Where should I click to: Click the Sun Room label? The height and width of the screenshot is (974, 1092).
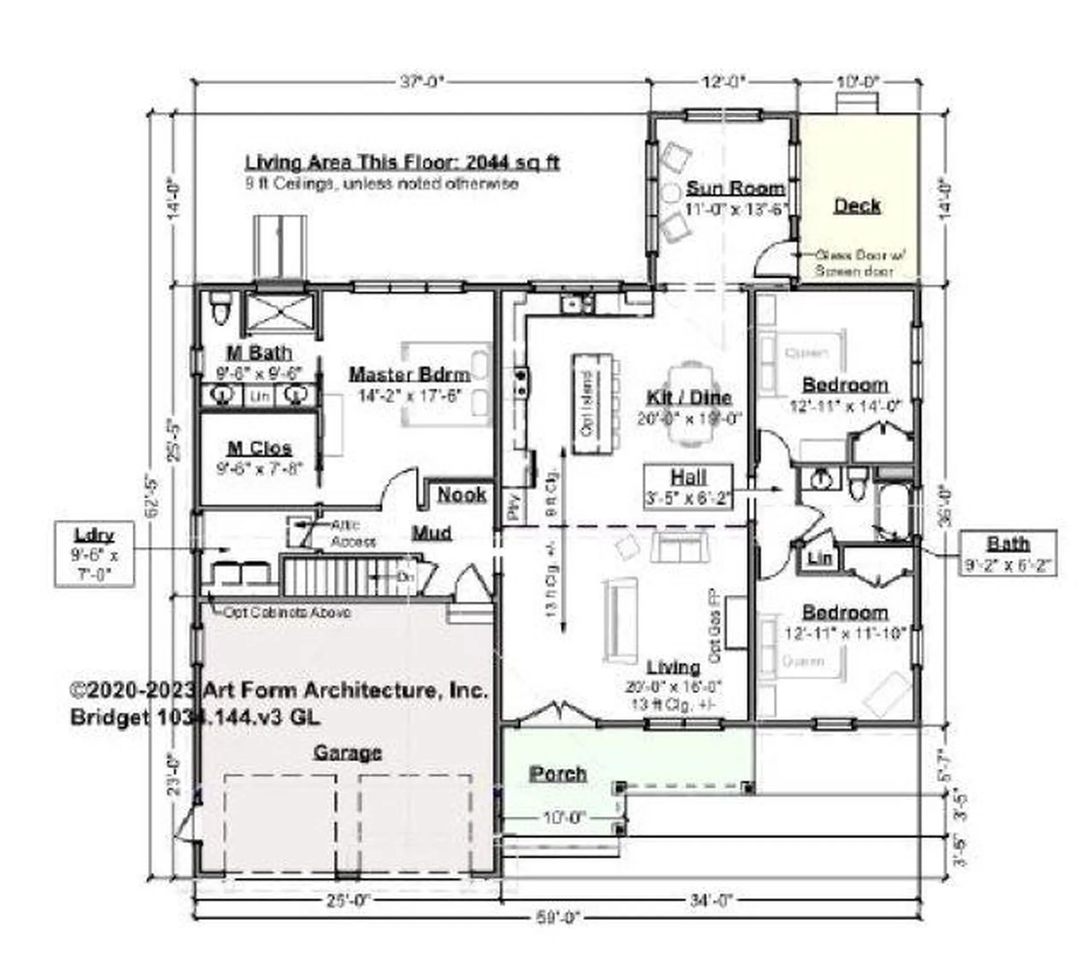pos(735,188)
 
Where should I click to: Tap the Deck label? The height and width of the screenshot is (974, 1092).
pos(857,205)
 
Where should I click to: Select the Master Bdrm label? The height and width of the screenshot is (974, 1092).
pos(409,374)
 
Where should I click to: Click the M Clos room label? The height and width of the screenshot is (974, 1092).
pos(259,448)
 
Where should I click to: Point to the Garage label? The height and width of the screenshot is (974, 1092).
pos(348,753)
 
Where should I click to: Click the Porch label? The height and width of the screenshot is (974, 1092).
pos(557,774)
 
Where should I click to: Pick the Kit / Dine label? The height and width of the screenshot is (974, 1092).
pos(689,397)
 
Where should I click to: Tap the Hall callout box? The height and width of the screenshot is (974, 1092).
pos(688,487)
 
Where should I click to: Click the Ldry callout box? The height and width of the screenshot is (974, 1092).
pos(94,554)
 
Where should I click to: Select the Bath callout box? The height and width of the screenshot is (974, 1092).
pos(1008,553)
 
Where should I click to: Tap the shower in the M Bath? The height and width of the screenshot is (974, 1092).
pos(279,311)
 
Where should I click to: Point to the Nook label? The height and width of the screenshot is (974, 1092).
pos(462,495)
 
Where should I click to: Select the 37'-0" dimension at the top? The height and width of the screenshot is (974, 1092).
pos(421,82)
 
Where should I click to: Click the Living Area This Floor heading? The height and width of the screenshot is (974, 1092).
pos(402,163)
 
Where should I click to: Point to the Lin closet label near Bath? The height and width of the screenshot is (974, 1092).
pos(819,558)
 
